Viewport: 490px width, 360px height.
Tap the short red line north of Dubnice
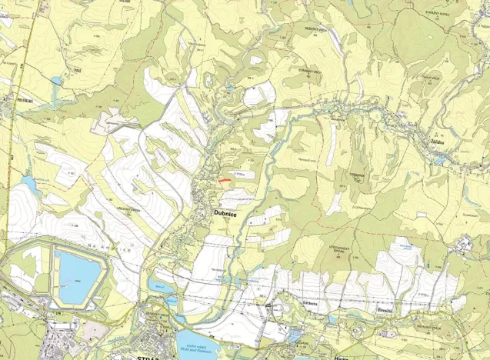(223, 180)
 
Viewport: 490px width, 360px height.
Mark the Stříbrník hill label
(355, 175)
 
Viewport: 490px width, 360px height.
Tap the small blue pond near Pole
(56, 80)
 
